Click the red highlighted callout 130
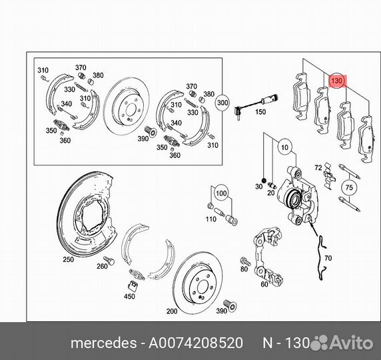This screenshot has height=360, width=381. (x=338, y=81)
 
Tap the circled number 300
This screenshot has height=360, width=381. (x=222, y=103)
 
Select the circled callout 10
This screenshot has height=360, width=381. (x=284, y=147)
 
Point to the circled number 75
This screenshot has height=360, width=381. (x=349, y=187)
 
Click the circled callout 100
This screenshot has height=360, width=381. (x=221, y=193)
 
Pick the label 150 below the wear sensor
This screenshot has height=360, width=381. (x=260, y=112)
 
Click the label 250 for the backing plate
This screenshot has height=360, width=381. (x=69, y=259)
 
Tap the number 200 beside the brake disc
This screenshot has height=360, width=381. (x=172, y=311)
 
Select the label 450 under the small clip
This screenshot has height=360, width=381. (x=129, y=296)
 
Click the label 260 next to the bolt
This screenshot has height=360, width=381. (x=102, y=267)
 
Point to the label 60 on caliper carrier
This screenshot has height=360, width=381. (x=264, y=284)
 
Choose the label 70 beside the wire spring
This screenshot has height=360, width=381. (x=328, y=258)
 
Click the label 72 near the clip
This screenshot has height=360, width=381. (x=318, y=168)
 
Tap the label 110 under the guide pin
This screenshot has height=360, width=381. (x=211, y=219)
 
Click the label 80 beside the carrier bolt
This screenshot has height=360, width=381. (x=244, y=269)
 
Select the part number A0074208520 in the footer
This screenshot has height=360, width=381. (x=196, y=343)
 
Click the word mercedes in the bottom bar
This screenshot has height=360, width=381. (x=104, y=343)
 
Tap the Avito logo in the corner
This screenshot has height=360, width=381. (x=342, y=343)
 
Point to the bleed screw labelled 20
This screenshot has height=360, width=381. (x=272, y=185)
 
